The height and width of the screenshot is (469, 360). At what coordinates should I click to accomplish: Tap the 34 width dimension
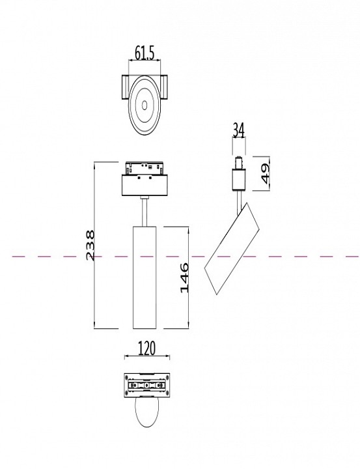[238, 130]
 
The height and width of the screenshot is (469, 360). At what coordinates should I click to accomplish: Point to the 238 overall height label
[90, 245]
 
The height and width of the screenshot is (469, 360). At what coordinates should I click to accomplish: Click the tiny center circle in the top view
[143, 104]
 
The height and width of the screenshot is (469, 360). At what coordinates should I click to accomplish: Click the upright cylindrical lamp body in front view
[144, 277]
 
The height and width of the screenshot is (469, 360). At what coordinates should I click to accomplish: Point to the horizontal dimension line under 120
[146, 358]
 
